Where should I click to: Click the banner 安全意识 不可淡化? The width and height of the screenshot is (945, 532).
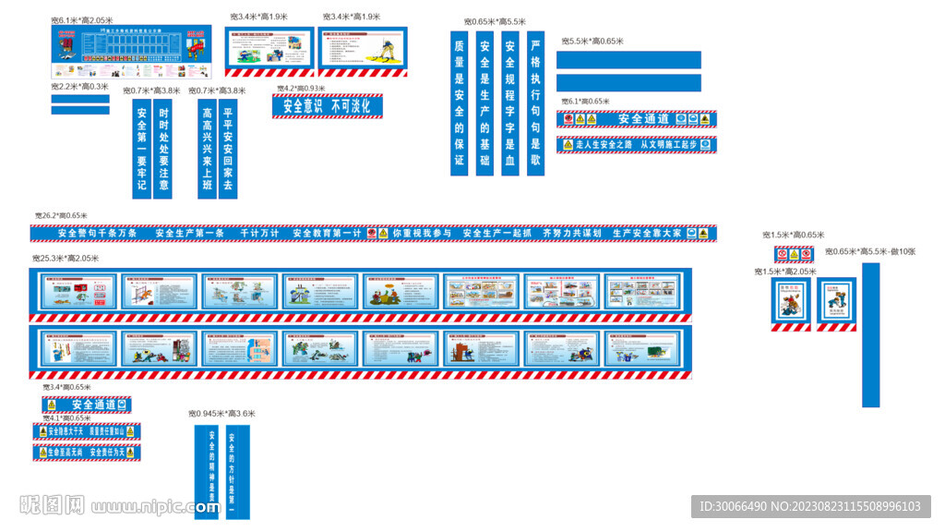pos(328,106)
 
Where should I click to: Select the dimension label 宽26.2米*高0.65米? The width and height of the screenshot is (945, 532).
pos(61,216)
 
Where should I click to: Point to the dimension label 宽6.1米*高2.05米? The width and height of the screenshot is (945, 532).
pos(82,19)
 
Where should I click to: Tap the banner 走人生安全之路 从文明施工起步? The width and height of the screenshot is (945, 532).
pos(637,145)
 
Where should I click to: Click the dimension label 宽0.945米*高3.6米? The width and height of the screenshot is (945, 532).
pos(221,414)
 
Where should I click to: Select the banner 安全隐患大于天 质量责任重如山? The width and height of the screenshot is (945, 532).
pos(87,431)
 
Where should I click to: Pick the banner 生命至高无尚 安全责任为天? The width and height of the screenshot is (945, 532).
pos(87,453)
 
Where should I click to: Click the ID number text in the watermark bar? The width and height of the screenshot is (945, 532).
pos(810,506)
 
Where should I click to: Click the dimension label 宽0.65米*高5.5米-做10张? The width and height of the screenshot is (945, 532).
pos(870,251)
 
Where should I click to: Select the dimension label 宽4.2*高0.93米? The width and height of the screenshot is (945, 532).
pos(301,89)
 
